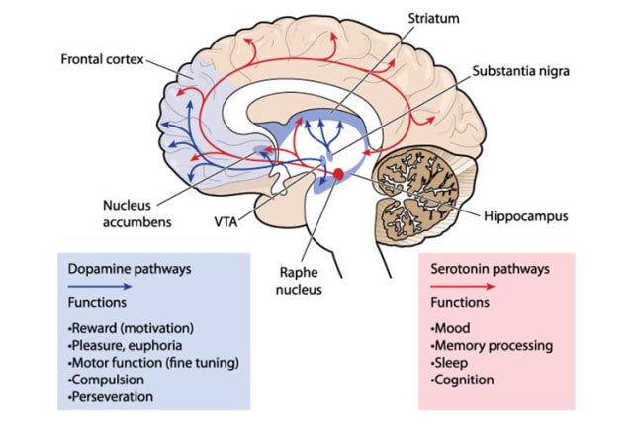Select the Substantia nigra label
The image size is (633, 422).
520,71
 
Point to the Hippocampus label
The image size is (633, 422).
526,216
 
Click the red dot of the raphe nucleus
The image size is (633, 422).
338,175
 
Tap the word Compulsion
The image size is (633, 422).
107,380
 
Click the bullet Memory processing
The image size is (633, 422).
492,346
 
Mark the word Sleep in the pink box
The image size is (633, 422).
454,363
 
